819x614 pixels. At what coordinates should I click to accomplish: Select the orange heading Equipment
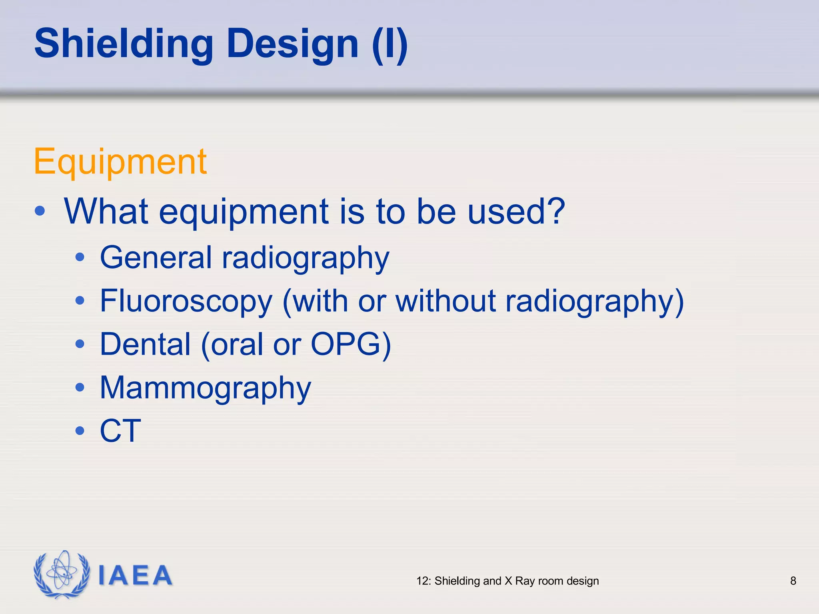(x=120, y=162)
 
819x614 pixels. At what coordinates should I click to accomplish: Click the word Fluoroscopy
(x=186, y=301)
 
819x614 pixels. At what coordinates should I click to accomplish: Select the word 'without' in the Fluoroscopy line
(x=446, y=300)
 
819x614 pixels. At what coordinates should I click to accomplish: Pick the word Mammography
(x=205, y=388)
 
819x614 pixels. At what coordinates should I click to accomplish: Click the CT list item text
(x=120, y=431)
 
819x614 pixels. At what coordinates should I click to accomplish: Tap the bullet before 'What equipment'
(x=40, y=211)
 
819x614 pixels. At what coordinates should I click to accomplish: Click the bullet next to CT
(x=80, y=431)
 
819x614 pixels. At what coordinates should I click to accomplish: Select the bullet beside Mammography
(x=80, y=387)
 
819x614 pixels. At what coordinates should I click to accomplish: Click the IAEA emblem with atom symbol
(x=62, y=574)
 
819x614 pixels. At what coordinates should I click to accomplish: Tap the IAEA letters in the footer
(x=135, y=576)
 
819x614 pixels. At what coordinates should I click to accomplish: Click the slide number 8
(x=793, y=581)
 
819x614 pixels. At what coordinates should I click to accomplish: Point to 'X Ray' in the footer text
(x=519, y=581)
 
